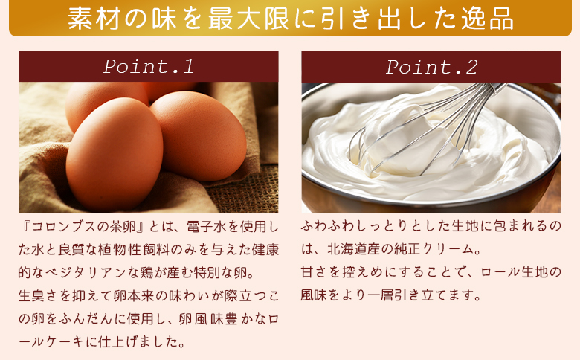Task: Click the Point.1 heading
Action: point(148,66)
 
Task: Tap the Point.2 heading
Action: point(431,66)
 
